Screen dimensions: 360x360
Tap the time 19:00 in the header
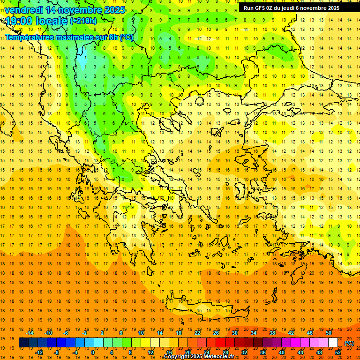pos(21,21)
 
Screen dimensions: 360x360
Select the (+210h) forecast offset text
pos(83,21)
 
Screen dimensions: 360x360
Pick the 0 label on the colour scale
pos(93,352)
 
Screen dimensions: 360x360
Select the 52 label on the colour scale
pos(337,352)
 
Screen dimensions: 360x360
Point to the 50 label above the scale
pos(328,333)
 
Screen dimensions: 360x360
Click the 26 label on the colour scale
pos(216,333)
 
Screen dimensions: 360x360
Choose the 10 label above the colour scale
pos(141,333)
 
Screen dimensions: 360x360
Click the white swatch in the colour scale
pos(333,343)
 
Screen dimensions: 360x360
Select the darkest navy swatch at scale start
pos(23,343)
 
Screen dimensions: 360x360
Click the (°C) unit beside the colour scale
pos(349,343)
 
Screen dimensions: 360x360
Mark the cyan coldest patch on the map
pos(82,61)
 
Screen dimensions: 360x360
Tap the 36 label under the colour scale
pos(263,352)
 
